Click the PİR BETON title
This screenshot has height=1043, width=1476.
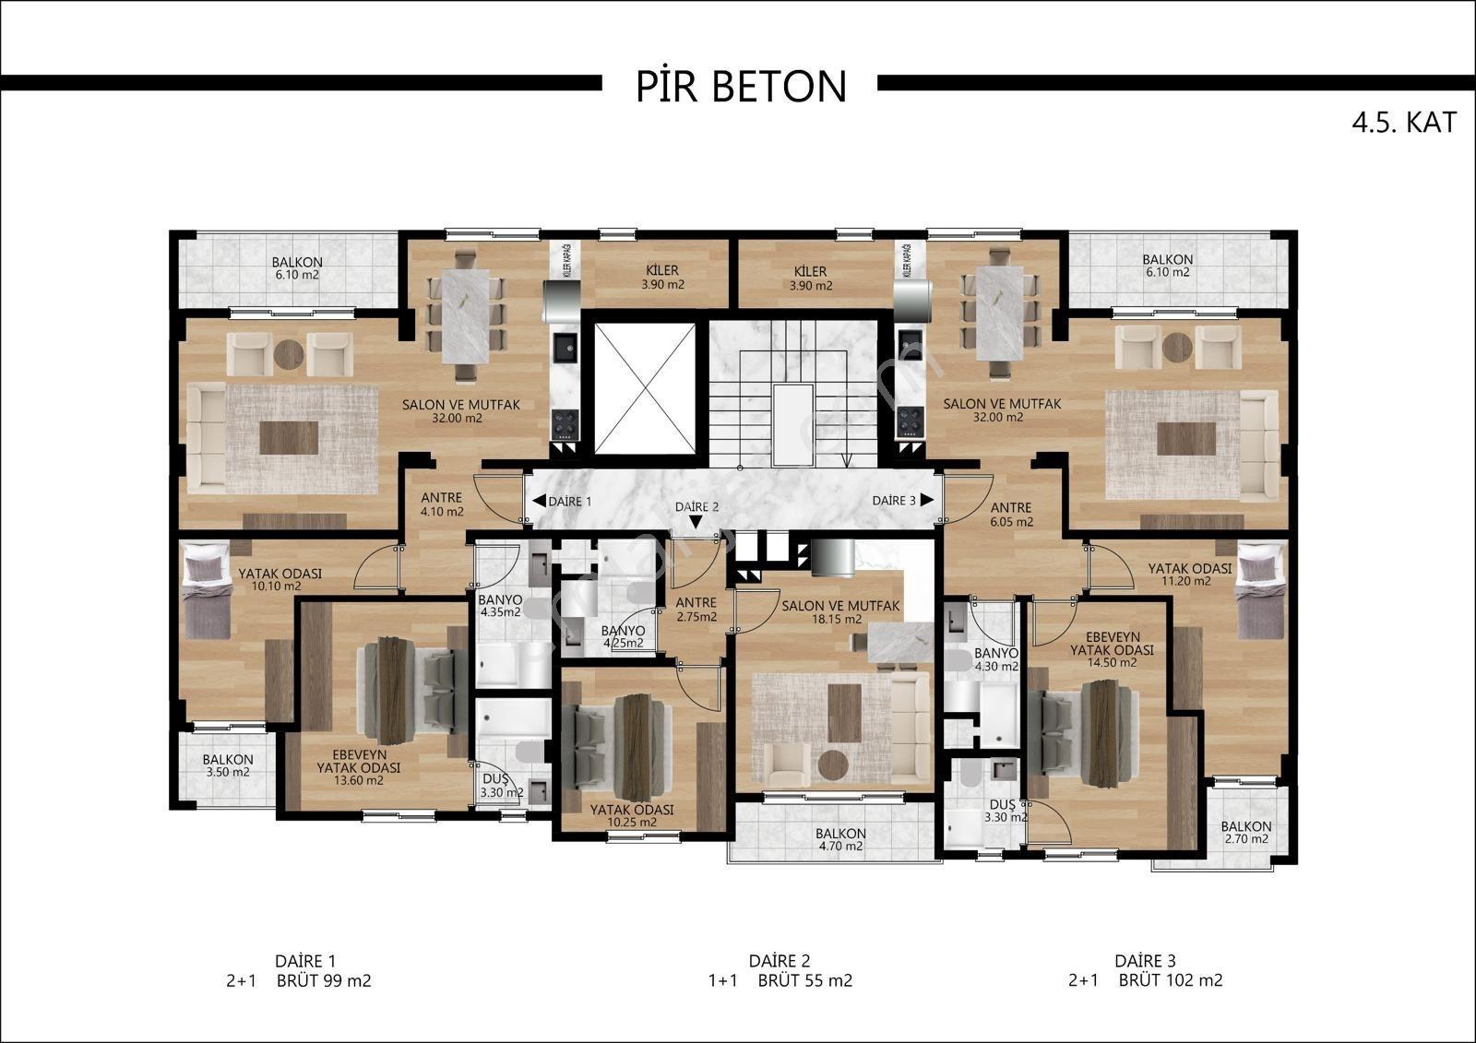tap(742, 87)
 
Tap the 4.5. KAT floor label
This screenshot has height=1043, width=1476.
tap(1404, 123)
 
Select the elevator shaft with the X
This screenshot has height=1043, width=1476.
tap(645, 389)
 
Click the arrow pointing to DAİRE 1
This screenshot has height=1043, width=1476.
tap(539, 501)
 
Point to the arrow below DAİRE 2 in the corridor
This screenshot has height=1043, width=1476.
tap(696, 522)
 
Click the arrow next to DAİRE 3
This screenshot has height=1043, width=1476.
tap(927, 500)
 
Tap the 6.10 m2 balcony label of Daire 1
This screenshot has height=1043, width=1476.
tap(297, 275)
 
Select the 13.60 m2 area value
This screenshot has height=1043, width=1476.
tap(359, 781)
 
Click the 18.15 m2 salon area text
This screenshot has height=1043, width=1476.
tap(836, 620)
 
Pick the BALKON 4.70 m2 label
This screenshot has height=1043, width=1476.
tap(840, 839)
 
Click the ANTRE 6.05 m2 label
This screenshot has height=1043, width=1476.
tap(1011, 515)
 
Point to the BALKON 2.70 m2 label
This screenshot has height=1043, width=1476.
tap(1246, 832)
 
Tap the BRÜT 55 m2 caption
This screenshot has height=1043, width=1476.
tap(805, 980)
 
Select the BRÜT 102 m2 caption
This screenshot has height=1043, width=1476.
tap(1171, 980)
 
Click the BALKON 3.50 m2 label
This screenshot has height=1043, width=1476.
tap(228, 765)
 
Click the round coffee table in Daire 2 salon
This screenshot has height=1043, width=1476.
tap(833, 764)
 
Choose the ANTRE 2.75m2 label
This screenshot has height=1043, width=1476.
tap(696, 610)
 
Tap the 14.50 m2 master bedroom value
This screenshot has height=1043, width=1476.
tap(1112, 663)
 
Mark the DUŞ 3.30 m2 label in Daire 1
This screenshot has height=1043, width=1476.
tap(502, 786)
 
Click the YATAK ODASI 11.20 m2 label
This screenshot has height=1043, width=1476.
tap(1189, 575)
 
